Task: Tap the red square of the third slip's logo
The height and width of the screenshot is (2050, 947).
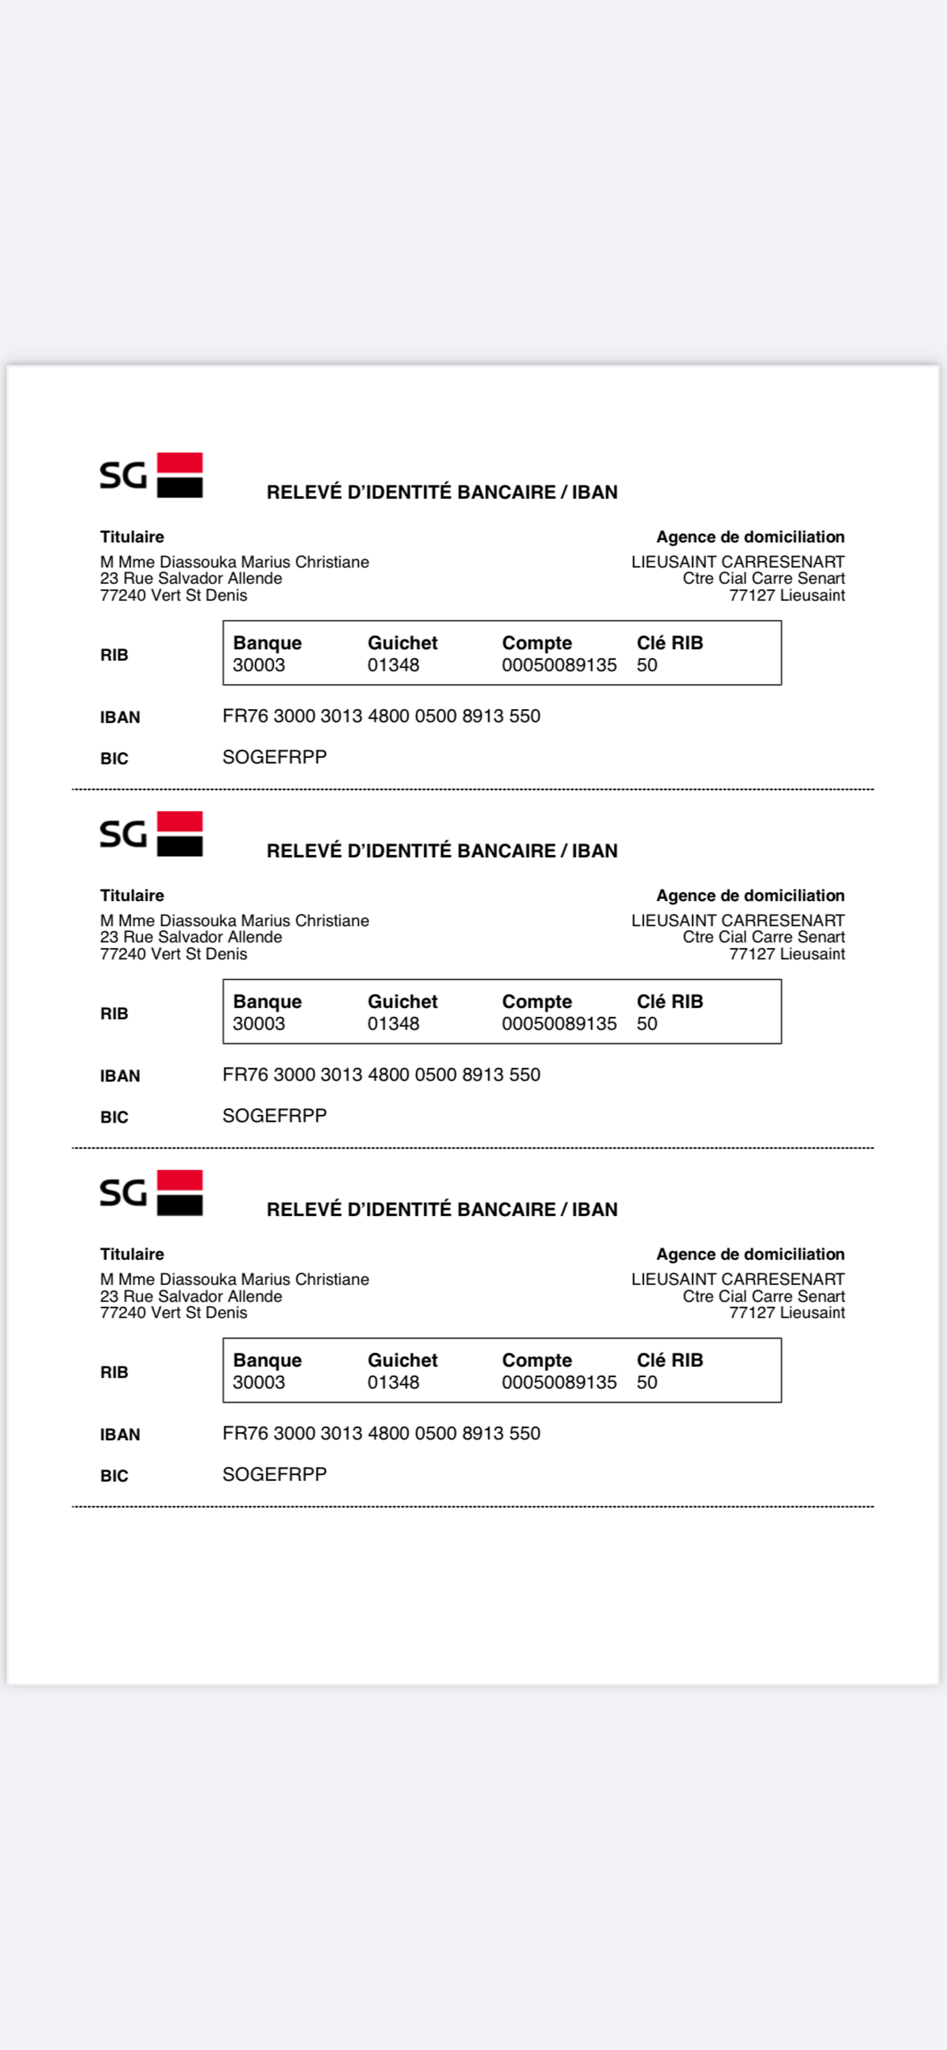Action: pyautogui.click(x=180, y=1180)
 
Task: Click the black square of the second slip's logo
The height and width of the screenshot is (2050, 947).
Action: pyautogui.click(x=180, y=845)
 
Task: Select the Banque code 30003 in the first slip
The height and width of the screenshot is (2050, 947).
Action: pyautogui.click(x=259, y=665)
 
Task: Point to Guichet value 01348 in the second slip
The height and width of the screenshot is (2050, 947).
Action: pyautogui.click(x=393, y=1024)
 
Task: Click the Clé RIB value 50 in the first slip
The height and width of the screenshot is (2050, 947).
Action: pyautogui.click(x=647, y=665)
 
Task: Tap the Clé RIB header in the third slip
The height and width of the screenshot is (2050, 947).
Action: pyautogui.click(x=669, y=1360)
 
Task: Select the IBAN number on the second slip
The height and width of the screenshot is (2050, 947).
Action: pyautogui.click(x=381, y=1075)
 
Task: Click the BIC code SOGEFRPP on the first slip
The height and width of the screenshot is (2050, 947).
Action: pyautogui.click(x=275, y=757)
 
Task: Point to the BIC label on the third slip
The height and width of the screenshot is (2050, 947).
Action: pyautogui.click(x=114, y=1476)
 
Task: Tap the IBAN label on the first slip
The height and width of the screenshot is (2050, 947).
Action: pyautogui.click(x=119, y=718)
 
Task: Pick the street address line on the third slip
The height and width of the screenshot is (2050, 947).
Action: pyautogui.click(x=191, y=1296)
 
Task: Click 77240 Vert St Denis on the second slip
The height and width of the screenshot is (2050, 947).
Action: pyautogui.click(x=173, y=954)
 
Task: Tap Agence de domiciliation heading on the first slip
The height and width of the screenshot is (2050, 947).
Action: pyautogui.click(x=750, y=537)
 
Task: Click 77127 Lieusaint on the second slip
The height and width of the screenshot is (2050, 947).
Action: pyautogui.click(x=786, y=954)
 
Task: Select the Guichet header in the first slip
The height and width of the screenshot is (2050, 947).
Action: pyautogui.click(x=402, y=643)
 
